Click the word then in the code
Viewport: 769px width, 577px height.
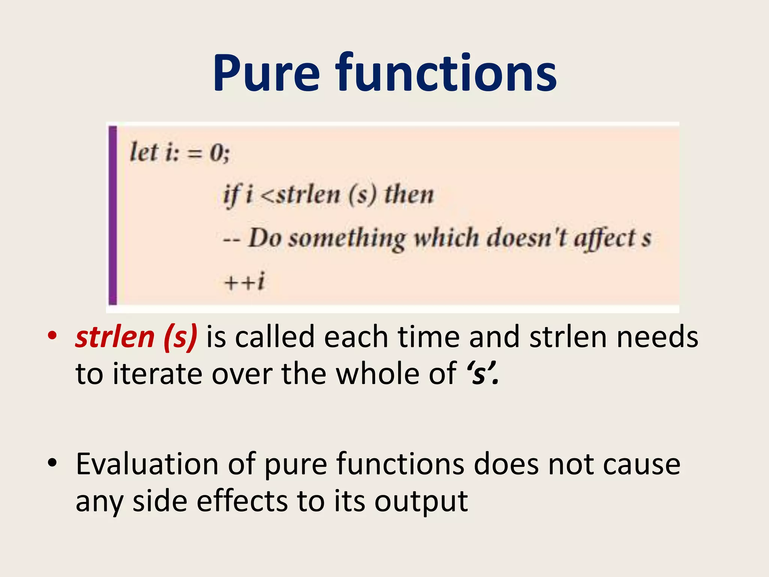click(x=409, y=195)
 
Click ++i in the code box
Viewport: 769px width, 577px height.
click(x=244, y=281)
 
